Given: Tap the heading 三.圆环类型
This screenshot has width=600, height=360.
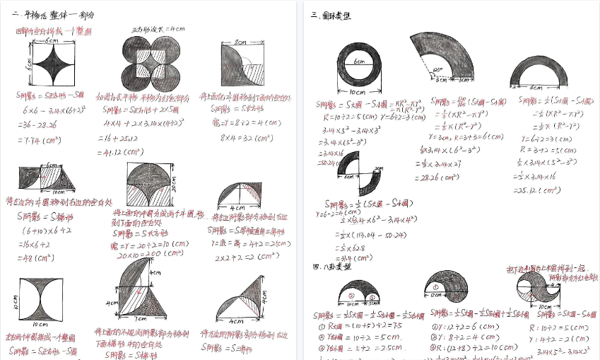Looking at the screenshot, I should click(x=331, y=15).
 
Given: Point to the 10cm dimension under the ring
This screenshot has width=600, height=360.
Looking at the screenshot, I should click(x=356, y=92).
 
